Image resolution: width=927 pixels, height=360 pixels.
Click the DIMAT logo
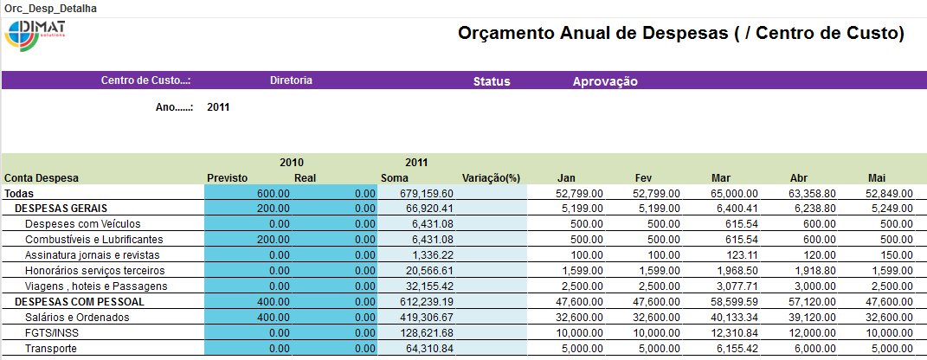(35, 35)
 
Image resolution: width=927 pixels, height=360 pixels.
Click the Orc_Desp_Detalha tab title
(51, 9)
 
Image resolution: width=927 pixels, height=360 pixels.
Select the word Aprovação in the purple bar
(605, 81)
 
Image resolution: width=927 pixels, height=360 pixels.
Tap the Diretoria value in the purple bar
(291, 80)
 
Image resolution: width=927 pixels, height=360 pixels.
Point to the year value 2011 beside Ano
(218, 107)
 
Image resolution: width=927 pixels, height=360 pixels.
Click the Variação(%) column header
(491, 178)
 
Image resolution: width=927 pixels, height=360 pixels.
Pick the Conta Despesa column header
(42, 178)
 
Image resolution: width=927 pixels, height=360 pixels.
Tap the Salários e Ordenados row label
(78, 318)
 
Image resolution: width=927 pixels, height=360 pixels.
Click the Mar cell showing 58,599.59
(730, 302)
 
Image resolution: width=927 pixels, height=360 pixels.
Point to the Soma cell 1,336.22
(434, 255)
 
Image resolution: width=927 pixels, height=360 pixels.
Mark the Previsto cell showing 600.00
(274, 193)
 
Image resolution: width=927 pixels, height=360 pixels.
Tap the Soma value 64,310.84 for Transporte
(430, 349)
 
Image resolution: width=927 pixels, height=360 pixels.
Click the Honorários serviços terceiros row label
(94, 271)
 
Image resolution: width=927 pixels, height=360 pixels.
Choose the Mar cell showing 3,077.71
(735, 286)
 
